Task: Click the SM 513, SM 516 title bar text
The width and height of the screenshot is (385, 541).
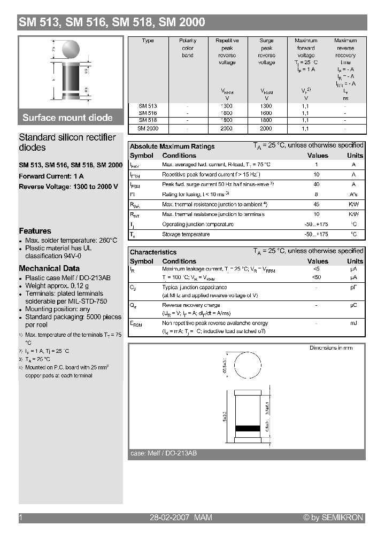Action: coord(112,22)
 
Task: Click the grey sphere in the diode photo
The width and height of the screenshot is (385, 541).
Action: coord(73,50)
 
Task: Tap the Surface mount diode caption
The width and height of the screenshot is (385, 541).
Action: coord(67,118)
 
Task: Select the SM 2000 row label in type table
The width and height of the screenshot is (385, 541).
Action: coord(148,128)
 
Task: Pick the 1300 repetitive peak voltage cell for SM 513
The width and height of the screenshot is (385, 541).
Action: coord(227,106)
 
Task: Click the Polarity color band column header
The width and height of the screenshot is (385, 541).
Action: coord(188,48)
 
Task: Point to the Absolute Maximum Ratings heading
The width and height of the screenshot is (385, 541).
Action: coord(172,146)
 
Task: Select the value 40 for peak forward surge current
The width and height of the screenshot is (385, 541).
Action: coord(317,184)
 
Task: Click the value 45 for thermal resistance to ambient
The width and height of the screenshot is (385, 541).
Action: coord(317,204)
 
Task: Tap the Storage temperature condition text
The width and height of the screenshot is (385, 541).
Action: coord(186,234)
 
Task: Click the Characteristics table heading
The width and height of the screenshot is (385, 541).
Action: coord(153,252)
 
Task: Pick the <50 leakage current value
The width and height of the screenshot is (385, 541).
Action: coord(317,278)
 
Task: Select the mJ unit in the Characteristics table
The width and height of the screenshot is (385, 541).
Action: coord(353,323)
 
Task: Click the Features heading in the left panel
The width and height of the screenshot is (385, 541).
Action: coord(35,231)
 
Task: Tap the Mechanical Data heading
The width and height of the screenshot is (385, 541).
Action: coord(49,268)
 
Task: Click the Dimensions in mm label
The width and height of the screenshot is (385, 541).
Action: coord(330,348)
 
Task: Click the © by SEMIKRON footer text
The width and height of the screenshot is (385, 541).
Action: coord(333,517)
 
